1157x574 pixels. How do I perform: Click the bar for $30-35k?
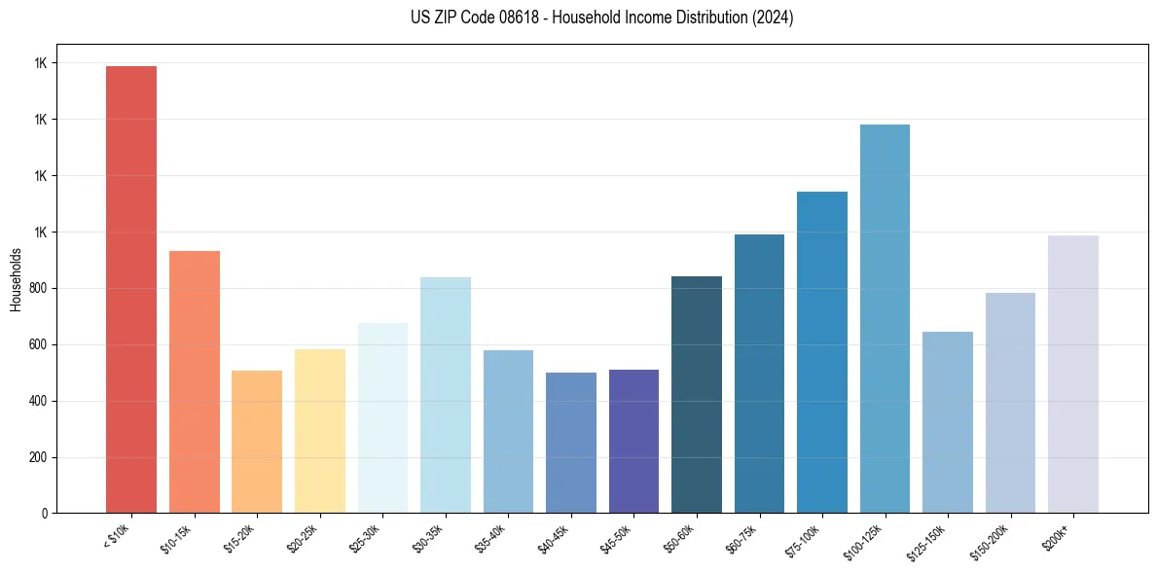point(446,395)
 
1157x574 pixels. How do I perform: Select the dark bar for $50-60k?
point(697,395)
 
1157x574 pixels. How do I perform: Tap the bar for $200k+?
point(1073,375)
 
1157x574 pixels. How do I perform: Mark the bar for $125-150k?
point(948,422)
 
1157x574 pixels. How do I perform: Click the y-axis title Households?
point(16,279)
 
